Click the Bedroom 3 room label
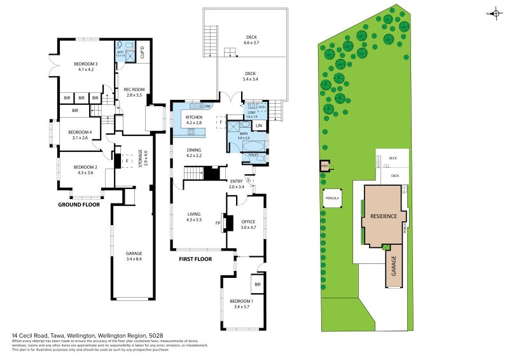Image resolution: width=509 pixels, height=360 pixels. pyautogui.click(x=85, y=66)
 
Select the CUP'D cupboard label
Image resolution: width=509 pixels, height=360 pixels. pyautogui.click(x=143, y=52)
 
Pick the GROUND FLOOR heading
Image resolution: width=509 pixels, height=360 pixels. pyautogui.click(x=79, y=205)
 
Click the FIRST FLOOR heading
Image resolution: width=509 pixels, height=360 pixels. pyautogui.click(x=195, y=259)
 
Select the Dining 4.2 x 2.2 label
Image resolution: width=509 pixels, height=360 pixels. pyautogui.click(x=193, y=153)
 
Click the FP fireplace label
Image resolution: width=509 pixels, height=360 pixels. pyautogui.click(x=218, y=223)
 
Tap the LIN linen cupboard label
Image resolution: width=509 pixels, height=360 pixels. pyautogui.click(x=259, y=126)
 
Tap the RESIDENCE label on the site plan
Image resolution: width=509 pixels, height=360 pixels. pyautogui.click(x=384, y=216)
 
